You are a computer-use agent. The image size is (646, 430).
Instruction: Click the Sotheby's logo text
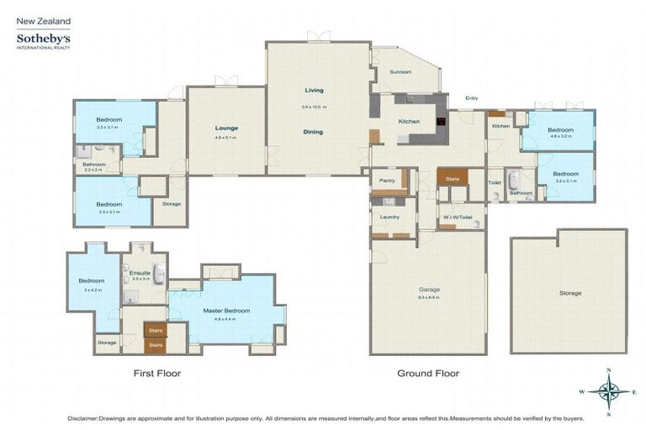[43, 39]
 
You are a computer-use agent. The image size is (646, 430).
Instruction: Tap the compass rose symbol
[609, 391]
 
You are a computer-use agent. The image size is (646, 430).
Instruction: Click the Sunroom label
[400, 72]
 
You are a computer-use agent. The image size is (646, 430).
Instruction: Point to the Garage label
[430, 289]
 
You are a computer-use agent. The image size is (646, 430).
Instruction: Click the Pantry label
[387, 181]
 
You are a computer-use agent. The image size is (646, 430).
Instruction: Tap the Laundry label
[389, 217]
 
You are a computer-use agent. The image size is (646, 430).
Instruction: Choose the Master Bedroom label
[225, 311]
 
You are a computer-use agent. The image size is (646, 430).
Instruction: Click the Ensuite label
[140, 271]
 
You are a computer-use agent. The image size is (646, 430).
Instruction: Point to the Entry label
[471, 98]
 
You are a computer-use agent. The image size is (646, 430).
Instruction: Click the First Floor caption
[157, 373]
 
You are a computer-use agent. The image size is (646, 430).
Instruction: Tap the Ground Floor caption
[428, 373]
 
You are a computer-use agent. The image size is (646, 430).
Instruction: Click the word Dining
[313, 132]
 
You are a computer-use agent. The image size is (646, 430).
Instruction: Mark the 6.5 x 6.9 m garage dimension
[430, 297]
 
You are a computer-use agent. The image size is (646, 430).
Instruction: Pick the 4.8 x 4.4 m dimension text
[225, 319]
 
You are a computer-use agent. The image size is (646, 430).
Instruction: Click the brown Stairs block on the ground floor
[453, 178]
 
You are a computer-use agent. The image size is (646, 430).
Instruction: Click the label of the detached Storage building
[569, 293]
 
